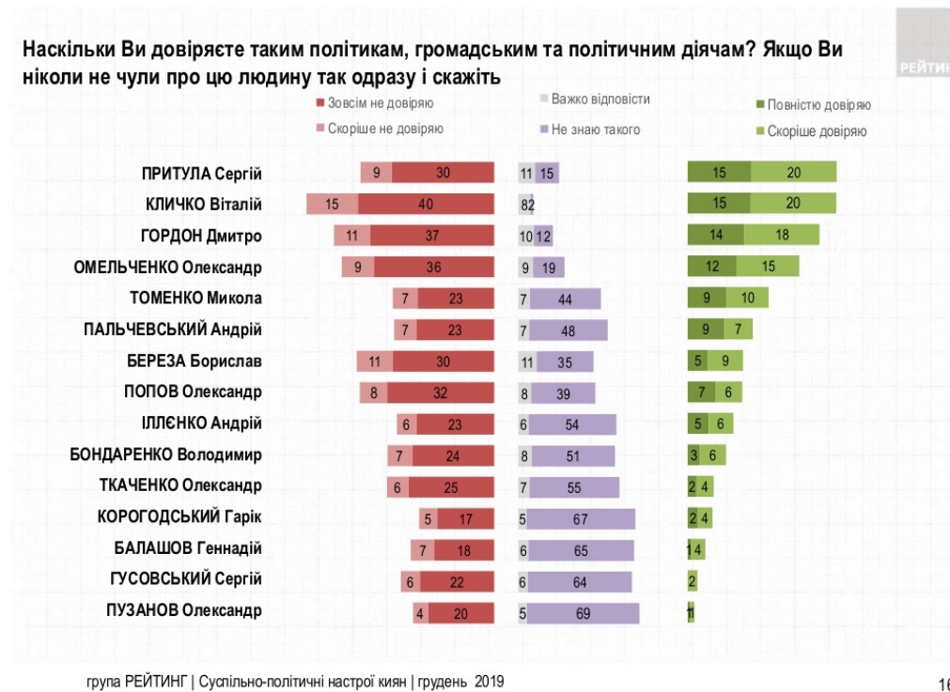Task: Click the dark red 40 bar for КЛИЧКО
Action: click(x=427, y=204)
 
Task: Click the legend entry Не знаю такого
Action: click(x=595, y=130)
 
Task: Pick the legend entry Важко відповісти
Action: click(x=600, y=99)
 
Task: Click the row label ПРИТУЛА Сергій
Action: click(x=200, y=173)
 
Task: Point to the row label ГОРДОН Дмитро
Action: click(x=201, y=235)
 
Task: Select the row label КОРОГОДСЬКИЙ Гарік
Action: click(x=179, y=515)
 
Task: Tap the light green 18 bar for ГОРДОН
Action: click(x=781, y=235)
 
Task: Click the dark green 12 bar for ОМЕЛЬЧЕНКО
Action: click(x=711, y=267)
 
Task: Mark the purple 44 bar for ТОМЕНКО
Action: click(x=565, y=300)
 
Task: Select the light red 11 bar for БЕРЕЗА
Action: click(x=375, y=361)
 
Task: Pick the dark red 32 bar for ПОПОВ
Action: click(x=441, y=392)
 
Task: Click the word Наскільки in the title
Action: click(x=70, y=49)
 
